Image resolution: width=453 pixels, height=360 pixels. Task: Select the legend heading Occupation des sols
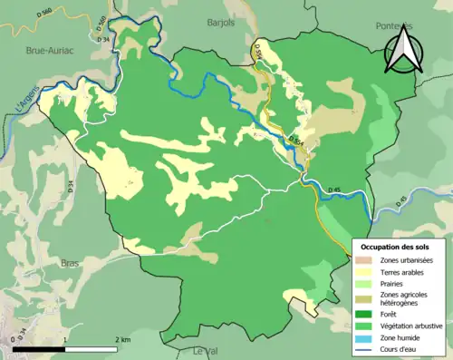tap(400, 247)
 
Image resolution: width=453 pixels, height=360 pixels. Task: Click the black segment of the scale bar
tap(40, 348)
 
